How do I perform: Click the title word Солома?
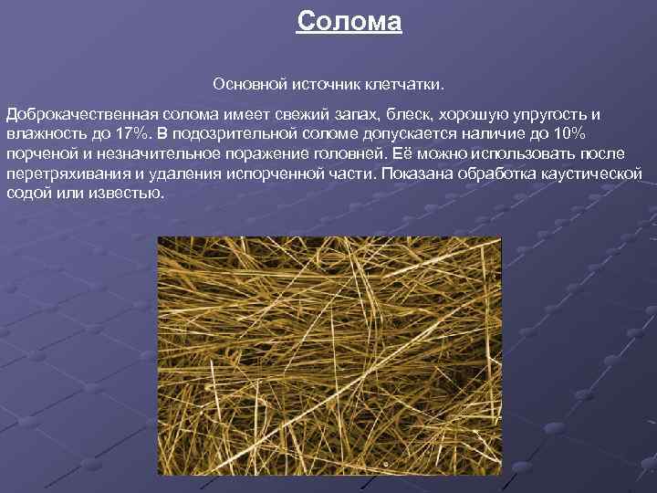pyautogui.click(x=349, y=21)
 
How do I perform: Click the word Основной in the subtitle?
pyautogui.click(x=249, y=84)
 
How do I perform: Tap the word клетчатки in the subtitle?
pyautogui.click(x=402, y=84)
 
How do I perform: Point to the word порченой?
pyautogui.click(x=40, y=154)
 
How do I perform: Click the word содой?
pyautogui.click(x=28, y=194)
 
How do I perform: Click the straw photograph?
pyautogui.click(x=329, y=356)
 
